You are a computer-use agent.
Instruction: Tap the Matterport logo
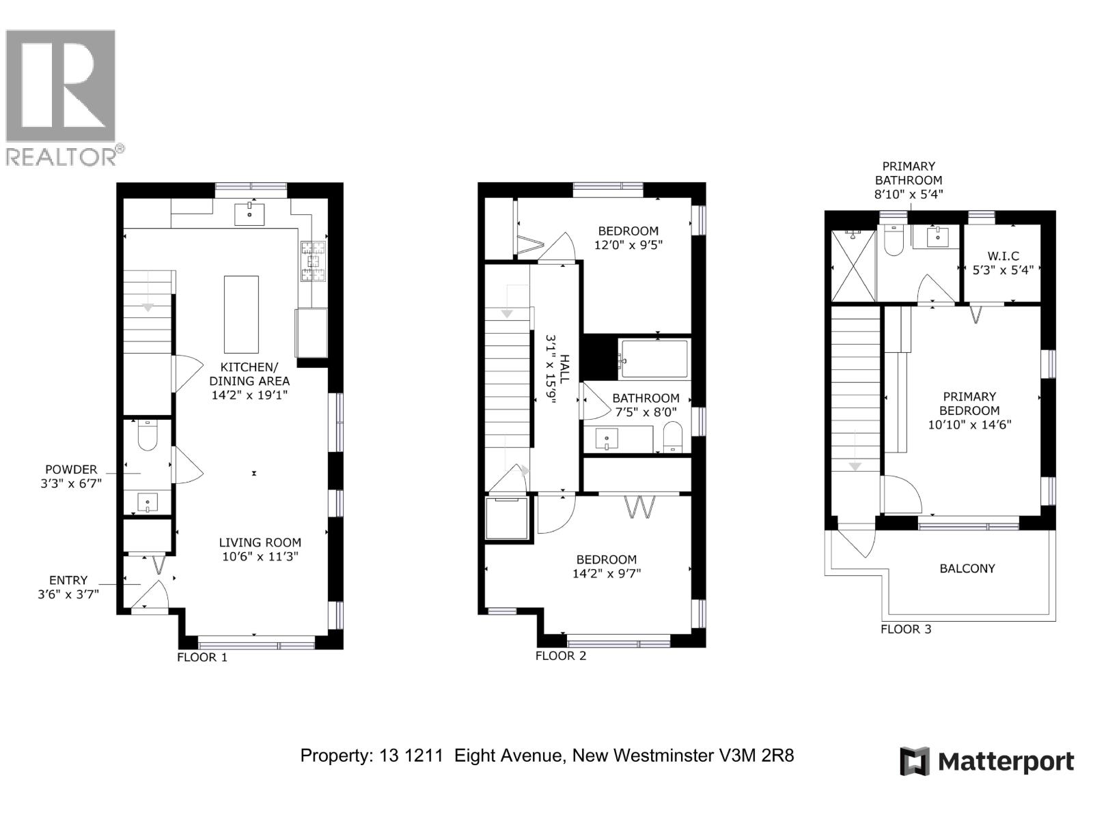pos(986,761)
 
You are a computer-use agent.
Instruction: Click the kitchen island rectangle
pos(241,314)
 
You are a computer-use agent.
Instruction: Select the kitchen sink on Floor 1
pos(249,214)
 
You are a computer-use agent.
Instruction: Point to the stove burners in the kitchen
pos(314,261)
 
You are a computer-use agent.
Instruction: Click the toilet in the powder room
pos(148,435)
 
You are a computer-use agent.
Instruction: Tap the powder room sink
pos(147,502)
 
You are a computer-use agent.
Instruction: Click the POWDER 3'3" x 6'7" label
pos(71,476)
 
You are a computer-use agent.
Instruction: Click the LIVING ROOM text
pos(260,543)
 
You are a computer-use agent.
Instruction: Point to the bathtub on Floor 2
pos(654,358)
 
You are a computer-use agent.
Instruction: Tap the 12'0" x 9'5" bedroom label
pos(628,238)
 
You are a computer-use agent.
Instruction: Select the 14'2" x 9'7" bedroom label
pos(606,566)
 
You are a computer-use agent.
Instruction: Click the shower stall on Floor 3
pos(853,265)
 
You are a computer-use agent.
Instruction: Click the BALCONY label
pos(967,569)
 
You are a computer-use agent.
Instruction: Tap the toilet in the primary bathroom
pos(894,240)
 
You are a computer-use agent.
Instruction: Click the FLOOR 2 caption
pos(560,656)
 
